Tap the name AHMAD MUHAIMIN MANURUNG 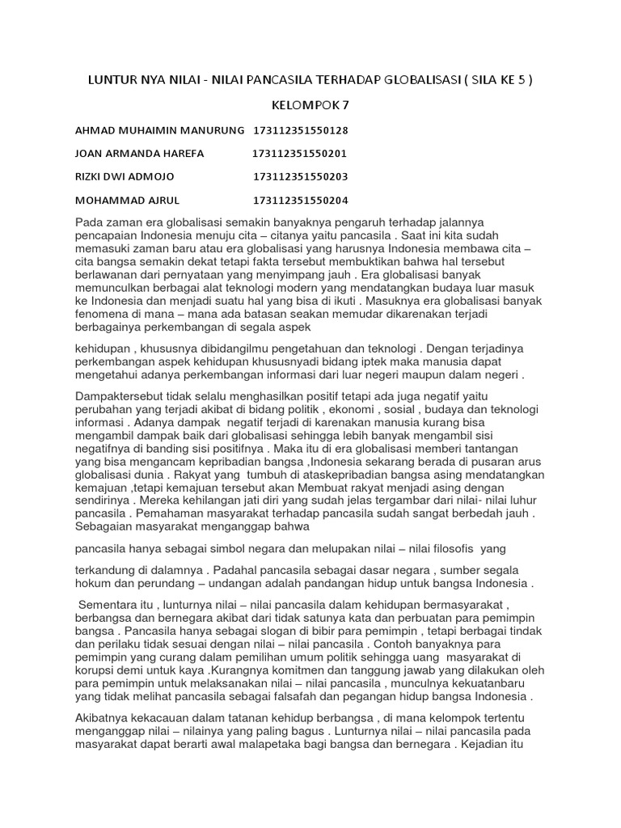[158, 130]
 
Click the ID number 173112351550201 [300, 154]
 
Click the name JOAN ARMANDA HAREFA [139, 154]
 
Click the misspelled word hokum [92, 583]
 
